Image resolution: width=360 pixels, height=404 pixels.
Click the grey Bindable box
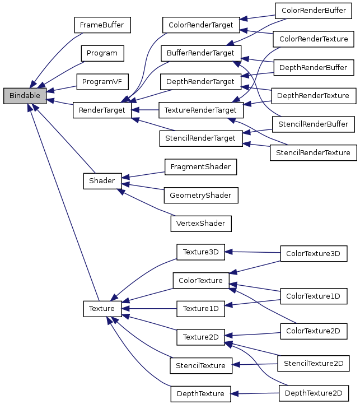click(25, 96)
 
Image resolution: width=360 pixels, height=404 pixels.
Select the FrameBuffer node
click(102, 26)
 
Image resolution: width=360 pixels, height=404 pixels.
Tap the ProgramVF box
click(102, 82)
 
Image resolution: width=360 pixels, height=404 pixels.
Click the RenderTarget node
click(102, 110)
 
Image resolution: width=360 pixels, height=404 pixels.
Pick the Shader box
click(102, 181)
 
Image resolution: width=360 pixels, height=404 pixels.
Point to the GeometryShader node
click(200, 195)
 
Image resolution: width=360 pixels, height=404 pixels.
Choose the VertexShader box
click(200, 223)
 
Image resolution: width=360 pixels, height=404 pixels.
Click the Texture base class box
click(102, 308)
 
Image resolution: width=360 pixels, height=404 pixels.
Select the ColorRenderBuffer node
click(314, 11)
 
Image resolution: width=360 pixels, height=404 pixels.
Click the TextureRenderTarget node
click(200, 110)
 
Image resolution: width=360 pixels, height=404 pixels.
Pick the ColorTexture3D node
click(313, 253)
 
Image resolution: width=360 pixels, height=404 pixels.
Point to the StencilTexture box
click(200, 366)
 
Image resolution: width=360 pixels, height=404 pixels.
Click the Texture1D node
click(200, 308)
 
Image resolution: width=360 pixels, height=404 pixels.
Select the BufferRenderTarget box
click(200, 54)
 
